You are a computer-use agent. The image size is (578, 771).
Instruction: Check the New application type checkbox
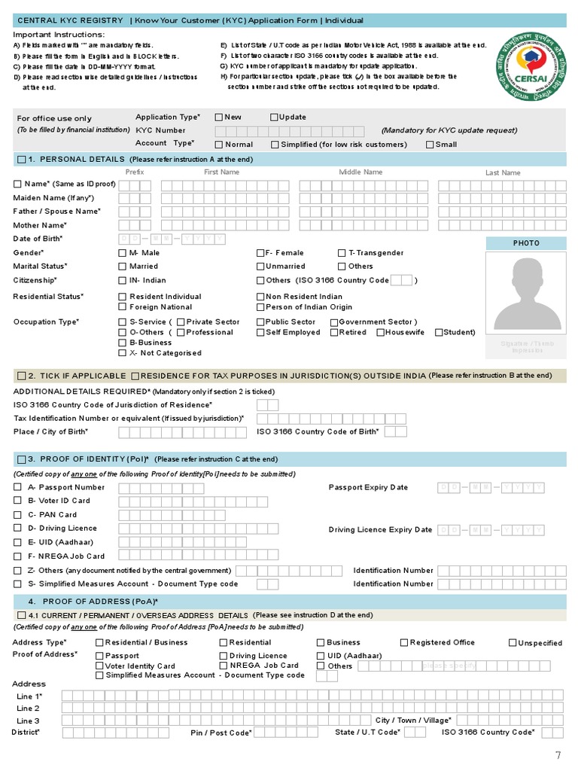point(219,117)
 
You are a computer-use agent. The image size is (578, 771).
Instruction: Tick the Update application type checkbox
point(274,117)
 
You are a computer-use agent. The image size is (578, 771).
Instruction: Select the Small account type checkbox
point(430,145)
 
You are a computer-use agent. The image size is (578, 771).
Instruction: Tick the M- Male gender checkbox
point(123,253)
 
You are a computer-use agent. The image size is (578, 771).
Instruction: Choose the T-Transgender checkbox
point(342,253)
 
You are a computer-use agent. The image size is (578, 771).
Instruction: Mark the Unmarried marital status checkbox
point(260,267)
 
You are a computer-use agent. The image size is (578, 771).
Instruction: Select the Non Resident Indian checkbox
point(260,297)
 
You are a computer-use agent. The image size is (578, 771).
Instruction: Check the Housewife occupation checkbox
point(381,332)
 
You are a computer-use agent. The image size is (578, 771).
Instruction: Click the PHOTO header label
point(526,243)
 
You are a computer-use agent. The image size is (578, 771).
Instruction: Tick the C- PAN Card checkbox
point(17,515)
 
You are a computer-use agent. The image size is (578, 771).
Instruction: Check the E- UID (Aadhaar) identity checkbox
point(17,542)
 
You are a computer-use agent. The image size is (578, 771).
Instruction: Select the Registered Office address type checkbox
point(403,642)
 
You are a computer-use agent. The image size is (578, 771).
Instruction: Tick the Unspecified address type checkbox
point(513,643)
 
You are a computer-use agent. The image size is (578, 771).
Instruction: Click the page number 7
point(558,755)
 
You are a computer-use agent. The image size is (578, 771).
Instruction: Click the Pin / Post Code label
point(221,733)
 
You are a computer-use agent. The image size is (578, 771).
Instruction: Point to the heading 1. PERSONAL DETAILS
point(76,160)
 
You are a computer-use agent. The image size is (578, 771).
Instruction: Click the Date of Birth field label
point(38,239)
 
